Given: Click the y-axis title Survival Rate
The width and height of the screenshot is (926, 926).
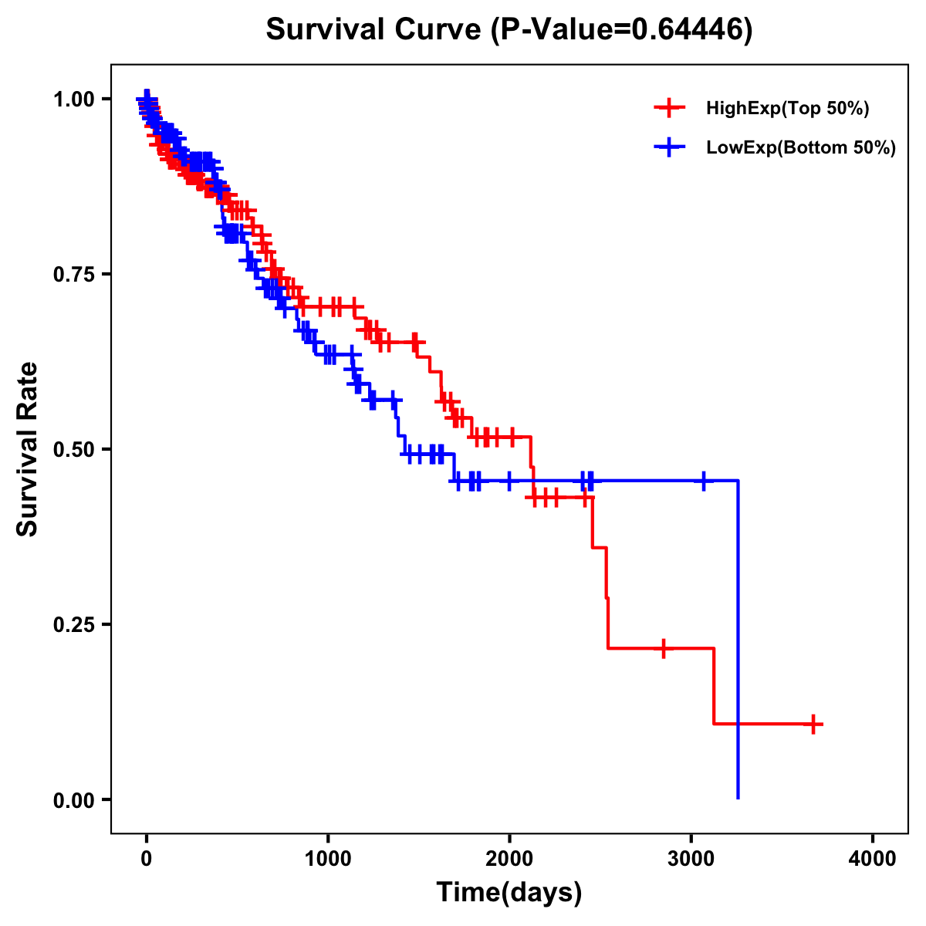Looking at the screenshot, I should [x=28, y=448].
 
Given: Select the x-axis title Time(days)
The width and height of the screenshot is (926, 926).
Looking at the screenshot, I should [x=509, y=892].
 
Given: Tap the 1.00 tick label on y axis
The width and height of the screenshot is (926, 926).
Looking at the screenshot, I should [x=74, y=99].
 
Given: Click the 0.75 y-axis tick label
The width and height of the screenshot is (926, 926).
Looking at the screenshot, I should [x=74, y=274].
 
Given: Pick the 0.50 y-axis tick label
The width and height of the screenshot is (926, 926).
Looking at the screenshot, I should [x=74, y=449].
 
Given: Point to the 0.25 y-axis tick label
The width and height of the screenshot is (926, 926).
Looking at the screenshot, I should [x=74, y=624].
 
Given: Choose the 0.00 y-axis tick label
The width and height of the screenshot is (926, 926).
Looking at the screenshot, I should [x=74, y=799].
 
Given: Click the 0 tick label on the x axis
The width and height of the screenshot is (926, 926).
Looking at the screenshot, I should [x=147, y=859].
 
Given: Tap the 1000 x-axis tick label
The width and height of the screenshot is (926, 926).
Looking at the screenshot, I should [x=328, y=859].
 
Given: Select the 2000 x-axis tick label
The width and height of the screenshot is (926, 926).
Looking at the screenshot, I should [x=509, y=859].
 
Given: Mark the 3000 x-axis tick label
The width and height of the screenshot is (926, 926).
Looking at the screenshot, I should [x=691, y=859].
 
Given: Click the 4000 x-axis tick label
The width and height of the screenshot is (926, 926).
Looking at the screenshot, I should [x=873, y=859].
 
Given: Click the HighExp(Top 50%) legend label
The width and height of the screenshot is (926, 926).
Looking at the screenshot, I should [x=787, y=109].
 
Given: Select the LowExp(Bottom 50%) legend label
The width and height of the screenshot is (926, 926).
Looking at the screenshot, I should [x=801, y=148].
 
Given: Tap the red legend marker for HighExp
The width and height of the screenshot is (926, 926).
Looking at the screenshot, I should [x=670, y=109].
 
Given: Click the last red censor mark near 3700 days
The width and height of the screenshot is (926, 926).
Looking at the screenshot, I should [x=813, y=724].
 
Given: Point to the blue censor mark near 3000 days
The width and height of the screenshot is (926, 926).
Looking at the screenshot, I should [x=704, y=481].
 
